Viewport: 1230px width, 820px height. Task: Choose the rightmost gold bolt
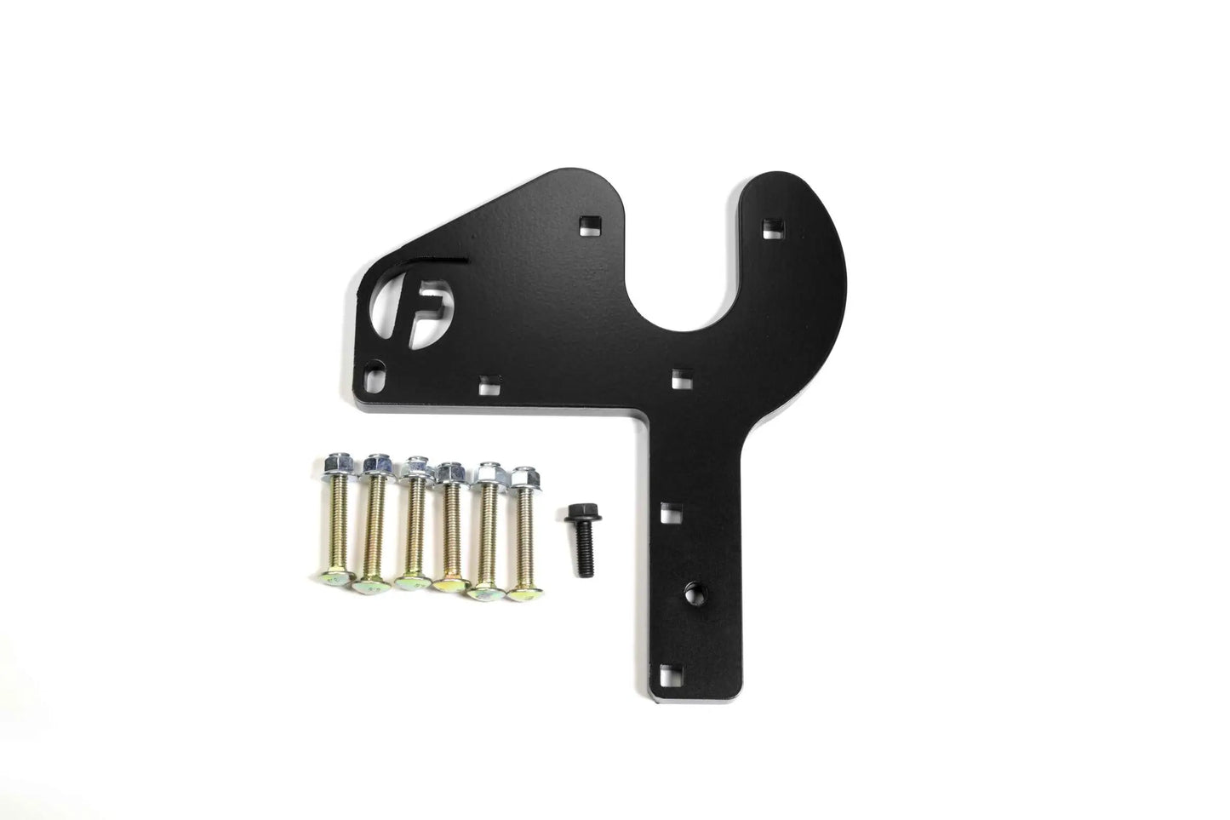tap(522, 533)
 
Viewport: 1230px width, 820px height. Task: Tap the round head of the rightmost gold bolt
tap(522, 593)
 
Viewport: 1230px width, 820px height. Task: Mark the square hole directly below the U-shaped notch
tap(679, 375)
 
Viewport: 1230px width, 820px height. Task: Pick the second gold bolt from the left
tap(373, 526)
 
